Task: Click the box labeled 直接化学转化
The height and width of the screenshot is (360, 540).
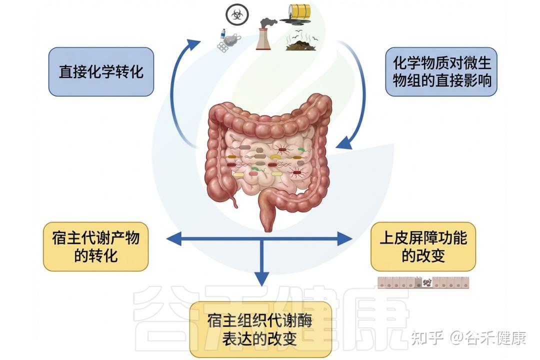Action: pyautogui.click(x=101, y=71)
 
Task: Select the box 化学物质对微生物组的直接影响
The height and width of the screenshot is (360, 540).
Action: pyautogui.click(x=441, y=71)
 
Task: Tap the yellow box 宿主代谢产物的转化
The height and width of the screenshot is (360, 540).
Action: pyautogui.click(x=95, y=246)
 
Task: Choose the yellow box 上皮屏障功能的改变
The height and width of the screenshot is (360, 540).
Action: pyautogui.click(x=423, y=246)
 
